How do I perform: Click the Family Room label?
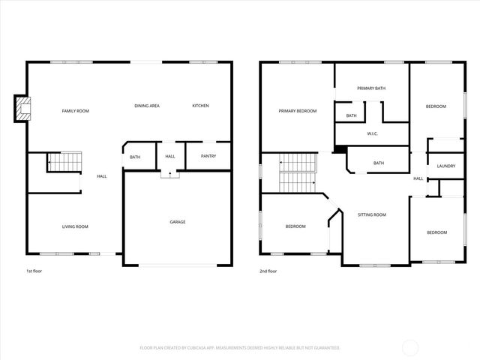[x=75, y=111]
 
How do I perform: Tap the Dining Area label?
[x=147, y=106]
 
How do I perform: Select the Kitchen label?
[x=200, y=106]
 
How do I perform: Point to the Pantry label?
[x=208, y=156]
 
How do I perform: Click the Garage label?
[x=178, y=221]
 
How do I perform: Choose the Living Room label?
[x=75, y=226]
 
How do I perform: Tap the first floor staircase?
[x=64, y=161]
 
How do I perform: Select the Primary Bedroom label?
[x=298, y=111]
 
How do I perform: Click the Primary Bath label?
[x=371, y=88]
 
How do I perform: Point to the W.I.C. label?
[x=373, y=133]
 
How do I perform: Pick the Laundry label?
[x=446, y=166]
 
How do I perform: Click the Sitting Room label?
[x=371, y=214]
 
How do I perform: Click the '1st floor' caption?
[x=34, y=271]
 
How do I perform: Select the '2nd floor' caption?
[x=268, y=271]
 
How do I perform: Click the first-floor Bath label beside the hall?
[x=135, y=157]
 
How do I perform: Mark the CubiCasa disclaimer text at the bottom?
[x=240, y=348]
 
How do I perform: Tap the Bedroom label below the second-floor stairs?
[x=295, y=226]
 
